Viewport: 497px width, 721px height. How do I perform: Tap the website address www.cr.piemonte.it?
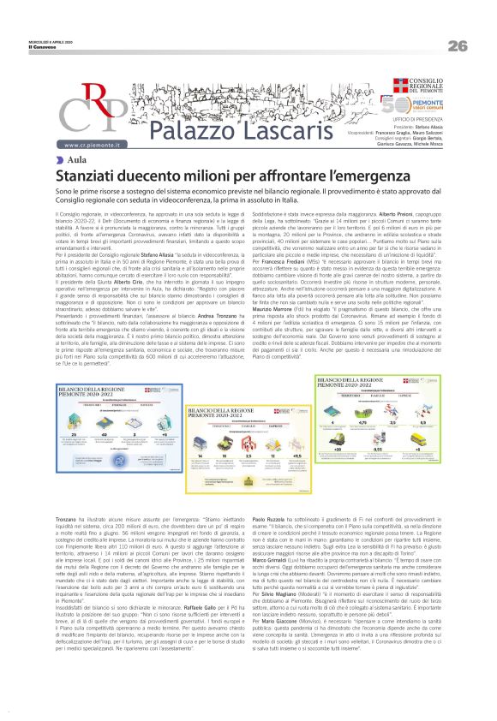[x=93, y=147]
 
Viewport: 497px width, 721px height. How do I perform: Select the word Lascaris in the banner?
[x=275, y=134]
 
